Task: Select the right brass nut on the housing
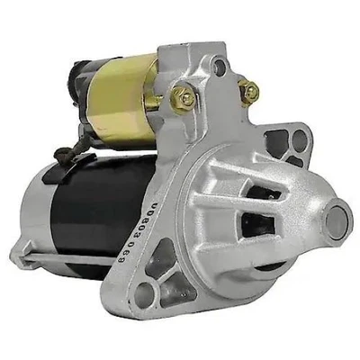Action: [x=248, y=91]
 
